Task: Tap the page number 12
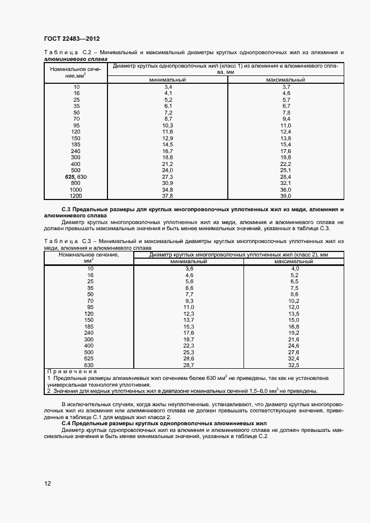click(47, 483)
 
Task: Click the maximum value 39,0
click(286, 196)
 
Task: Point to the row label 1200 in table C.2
click(76, 196)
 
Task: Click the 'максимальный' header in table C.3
click(294, 261)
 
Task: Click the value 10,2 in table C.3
click(294, 301)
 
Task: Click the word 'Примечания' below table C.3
click(72, 371)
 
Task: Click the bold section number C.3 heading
click(50, 208)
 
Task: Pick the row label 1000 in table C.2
click(76, 189)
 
